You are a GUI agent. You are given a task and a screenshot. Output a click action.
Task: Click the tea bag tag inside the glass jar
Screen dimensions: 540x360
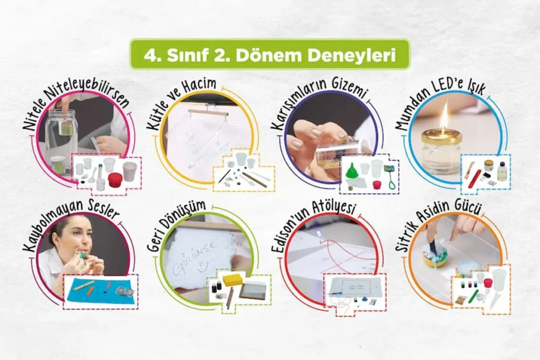pyautogui.click(x=66, y=128)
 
